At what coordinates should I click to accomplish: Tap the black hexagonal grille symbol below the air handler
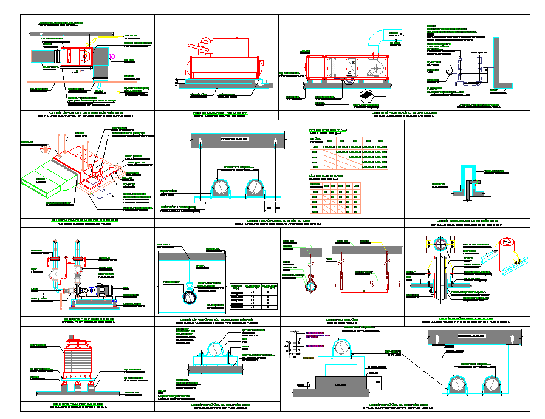coord(367,95)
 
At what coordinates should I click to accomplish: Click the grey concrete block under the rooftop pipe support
coord(341,383)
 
